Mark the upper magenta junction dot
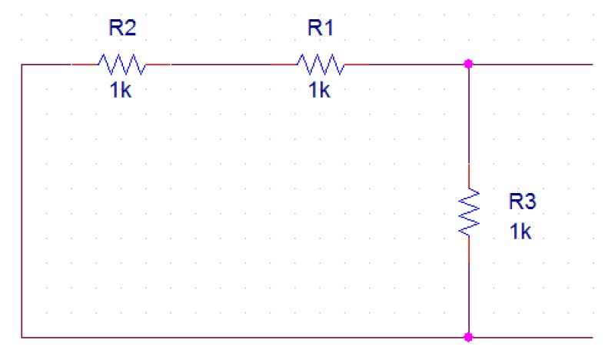tap(469, 65)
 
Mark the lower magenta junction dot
tap(469, 337)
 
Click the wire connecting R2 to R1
tap(223, 65)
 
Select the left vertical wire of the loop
tap(22, 200)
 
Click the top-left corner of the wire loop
tap(22, 65)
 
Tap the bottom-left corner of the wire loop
tap(22, 337)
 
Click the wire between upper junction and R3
tap(469, 115)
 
